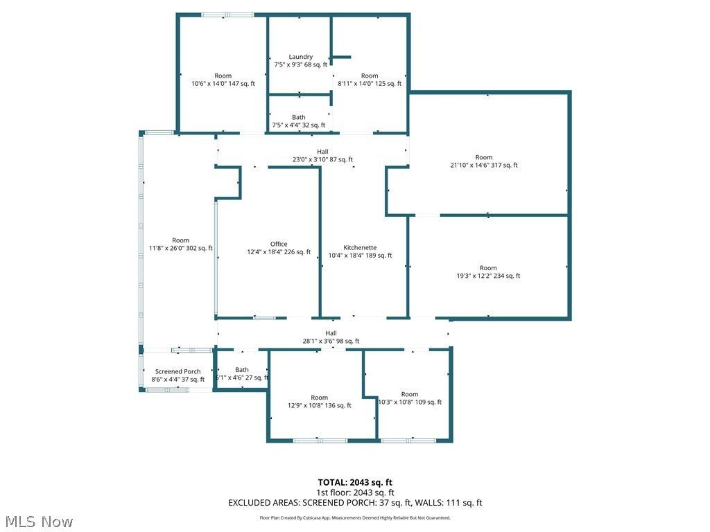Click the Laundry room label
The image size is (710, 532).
(300, 57)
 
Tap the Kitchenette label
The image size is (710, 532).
(360, 247)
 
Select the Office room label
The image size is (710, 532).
(279, 244)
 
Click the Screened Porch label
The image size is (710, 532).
(177, 372)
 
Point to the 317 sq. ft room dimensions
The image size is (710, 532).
(484, 166)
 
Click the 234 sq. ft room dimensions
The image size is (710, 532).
(488, 276)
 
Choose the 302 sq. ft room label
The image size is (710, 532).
(180, 240)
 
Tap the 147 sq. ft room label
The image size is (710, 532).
(223, 76)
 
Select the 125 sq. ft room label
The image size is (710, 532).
(370, 76)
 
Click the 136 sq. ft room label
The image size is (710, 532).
(319, 398)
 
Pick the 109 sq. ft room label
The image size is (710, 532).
(409, 394)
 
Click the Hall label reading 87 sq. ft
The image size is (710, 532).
(322, 152)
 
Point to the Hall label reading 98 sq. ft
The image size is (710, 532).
(331, 333)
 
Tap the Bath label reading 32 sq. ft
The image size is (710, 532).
(298, 117)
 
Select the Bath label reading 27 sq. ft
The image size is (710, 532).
(241, 370)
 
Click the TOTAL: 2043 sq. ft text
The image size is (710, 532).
(355, 482)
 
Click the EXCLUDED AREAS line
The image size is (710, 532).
(355, 503)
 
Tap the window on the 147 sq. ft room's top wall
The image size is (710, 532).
(227, 15)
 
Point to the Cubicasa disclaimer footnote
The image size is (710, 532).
(355, 517)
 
